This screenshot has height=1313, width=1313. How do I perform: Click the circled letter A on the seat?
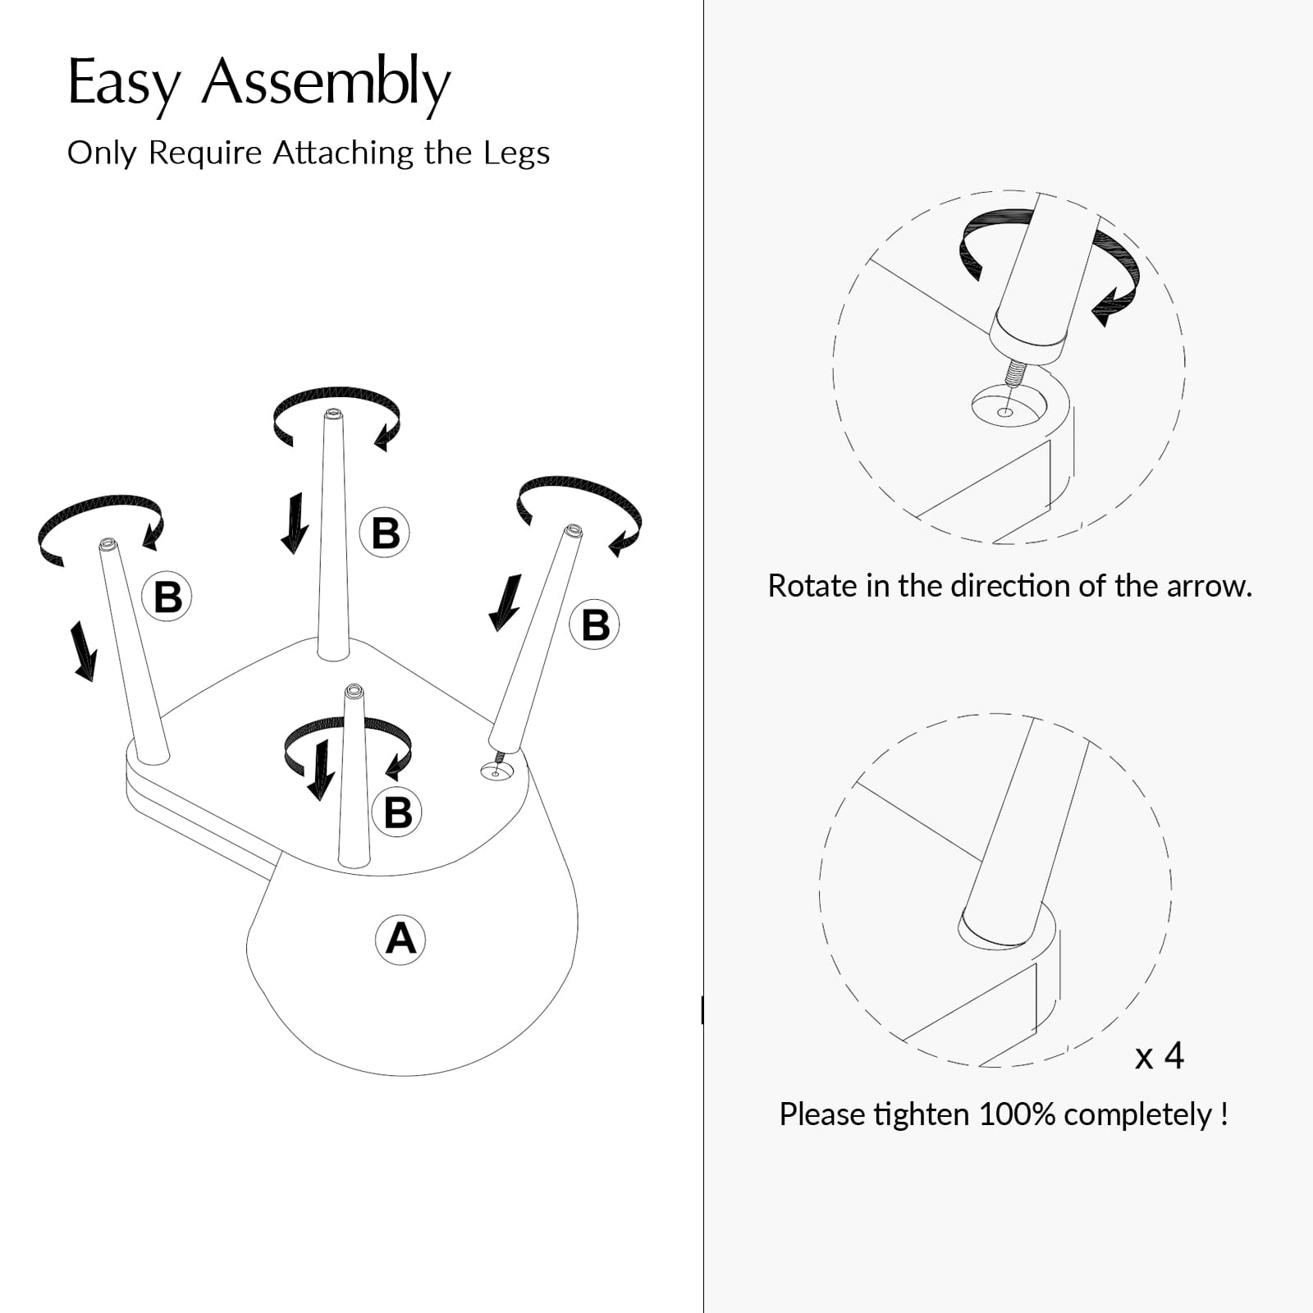click(x=400, y=939)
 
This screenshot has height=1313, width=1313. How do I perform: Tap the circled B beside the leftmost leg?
click(x=167, y=597)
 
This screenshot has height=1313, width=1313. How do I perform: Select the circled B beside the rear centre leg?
click(x=385, y=533)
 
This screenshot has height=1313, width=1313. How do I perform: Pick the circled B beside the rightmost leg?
click(x=595, y=624)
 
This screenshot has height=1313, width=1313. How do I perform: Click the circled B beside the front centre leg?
click(x=398, y=812)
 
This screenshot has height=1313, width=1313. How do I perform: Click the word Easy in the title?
click(x=124, y=84)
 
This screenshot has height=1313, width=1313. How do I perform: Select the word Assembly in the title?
click(x=326, y=84)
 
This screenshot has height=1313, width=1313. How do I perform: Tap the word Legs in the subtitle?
click(x=516, y=153)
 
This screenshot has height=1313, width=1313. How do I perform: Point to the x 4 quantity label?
click(x=1159, y=1055)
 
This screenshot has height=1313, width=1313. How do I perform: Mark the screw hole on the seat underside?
click(x=496, y=771)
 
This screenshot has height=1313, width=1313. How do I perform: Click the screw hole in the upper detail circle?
click(x=1005, y=407)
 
